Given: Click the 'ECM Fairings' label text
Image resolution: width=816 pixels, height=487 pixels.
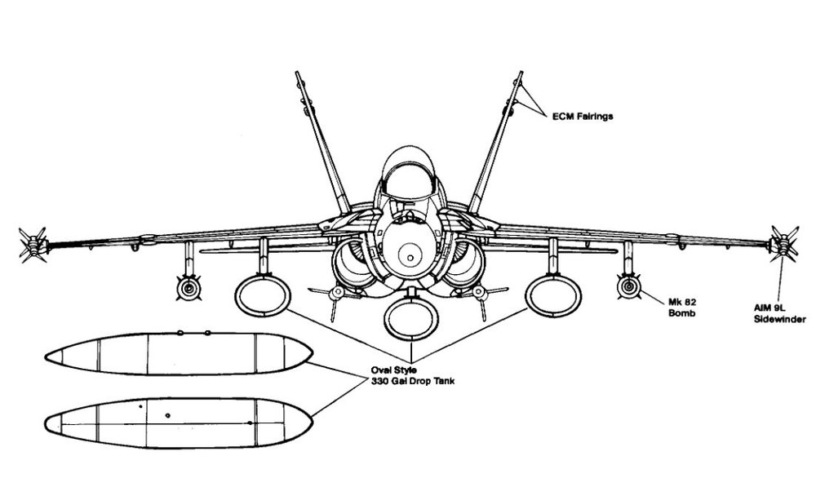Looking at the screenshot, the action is pyautogui.click(x=583, y=116).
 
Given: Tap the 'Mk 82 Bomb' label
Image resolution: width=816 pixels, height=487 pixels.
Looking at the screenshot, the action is pyautogui.click(x=682, y=307).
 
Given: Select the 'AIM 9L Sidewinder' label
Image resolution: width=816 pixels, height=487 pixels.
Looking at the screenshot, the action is pyautogui.click(x=779, y=313).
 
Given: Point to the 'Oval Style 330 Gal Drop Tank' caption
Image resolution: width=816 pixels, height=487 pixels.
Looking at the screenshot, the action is pyautogui.click(x=413, y=376).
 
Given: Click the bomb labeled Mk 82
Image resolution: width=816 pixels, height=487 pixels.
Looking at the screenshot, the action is pyautogui.click(x=628, y=286).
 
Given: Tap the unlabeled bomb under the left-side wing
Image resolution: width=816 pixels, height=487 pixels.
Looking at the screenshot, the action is pyautogui.click(x=188, y=288).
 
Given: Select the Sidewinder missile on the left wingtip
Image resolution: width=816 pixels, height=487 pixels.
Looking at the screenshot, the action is pyautogui.click(x=33, y=245).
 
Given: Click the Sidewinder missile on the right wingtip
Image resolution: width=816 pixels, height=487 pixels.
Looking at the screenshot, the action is pyautogui.click(x=783, y=243).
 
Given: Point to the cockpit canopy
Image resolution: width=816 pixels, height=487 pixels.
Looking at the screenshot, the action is pyautogui.click(x=408, y=171).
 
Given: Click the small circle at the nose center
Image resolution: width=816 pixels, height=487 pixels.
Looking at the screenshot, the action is pyautogui.click(x=410, y=258).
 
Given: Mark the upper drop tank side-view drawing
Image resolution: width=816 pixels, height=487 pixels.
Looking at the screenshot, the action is pyautogui.click(x=179, y=353).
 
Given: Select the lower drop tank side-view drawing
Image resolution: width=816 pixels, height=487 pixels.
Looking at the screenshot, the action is pyautogui.click(x=179, y=423).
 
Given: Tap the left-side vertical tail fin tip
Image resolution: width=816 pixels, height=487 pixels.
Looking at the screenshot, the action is pyautogui.click(x=298, y=73).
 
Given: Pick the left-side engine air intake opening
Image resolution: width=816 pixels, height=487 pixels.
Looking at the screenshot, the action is pyautogui.click(x=354, y=263).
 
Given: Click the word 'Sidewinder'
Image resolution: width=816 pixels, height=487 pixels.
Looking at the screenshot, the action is pyautogui.click(x=779, y=319).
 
